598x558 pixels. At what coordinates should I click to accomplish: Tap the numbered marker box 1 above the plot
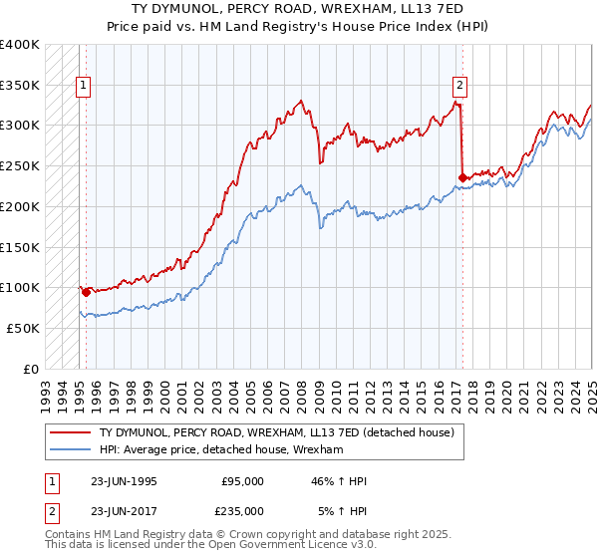pos(86,86)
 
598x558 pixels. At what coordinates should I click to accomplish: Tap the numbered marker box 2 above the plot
pos(460,86)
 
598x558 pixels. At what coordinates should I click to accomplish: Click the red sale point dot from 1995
pos(86,293)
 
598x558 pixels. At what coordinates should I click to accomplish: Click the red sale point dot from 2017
pos(462,178)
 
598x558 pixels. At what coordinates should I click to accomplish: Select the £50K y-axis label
pos(23,328)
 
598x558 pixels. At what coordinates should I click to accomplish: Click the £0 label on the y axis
pos(31,369)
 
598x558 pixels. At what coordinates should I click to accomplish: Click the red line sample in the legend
pos(69,432)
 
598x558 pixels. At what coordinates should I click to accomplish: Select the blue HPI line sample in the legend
pos(69,450)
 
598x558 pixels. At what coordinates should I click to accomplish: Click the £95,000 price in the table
pos(242,481)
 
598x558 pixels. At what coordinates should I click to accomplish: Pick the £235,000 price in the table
pos(242,511)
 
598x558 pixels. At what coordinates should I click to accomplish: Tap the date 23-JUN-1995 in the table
pos(125,481)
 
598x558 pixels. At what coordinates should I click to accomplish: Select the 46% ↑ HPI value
pos(340,481)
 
